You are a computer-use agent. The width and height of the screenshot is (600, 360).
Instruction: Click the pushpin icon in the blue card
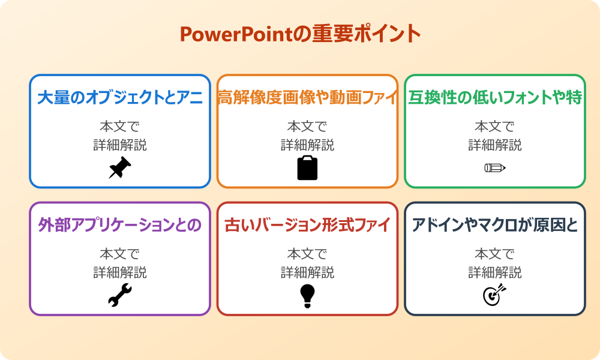click(120, 167)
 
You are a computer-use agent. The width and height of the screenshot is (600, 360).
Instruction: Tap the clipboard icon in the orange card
click(307, 168)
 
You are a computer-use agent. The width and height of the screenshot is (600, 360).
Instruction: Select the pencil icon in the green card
click(495, 167)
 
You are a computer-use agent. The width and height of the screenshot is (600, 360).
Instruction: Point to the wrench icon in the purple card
click(120, 295)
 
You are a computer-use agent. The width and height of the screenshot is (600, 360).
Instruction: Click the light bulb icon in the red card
click(307, 295)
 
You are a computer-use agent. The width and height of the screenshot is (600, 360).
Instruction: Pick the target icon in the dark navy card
click(495, 295)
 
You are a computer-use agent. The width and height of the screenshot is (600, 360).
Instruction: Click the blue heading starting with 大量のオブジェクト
click(120, 97)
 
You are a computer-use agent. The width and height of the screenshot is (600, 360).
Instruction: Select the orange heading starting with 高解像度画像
click(307, 97)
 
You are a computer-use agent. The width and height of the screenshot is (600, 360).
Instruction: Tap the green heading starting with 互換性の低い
click(495, 97)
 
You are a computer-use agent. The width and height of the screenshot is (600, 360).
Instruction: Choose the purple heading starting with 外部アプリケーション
click(120, 225)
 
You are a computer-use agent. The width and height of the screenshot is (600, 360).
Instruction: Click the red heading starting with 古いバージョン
click(307, 225)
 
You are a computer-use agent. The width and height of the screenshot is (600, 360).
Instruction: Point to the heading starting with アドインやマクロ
click(495, 225)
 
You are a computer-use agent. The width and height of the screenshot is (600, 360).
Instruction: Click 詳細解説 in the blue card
click(120, 145)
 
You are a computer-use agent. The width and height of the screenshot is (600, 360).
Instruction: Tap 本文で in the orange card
click(307, 127)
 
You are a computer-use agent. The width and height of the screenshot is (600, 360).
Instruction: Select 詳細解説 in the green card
click(495, 145)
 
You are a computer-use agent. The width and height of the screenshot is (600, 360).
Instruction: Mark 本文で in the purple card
click(120, 254)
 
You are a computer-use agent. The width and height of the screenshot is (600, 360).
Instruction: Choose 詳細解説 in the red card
click(307, 272)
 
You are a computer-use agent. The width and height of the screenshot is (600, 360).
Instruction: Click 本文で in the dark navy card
click(495, 254)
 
